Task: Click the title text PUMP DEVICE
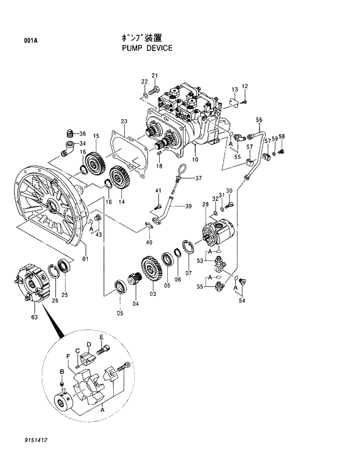click(x=147, y=48)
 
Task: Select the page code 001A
click(x=31, y=41)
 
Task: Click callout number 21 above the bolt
click(x=154, y=75)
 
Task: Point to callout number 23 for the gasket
click(x=124, y=121)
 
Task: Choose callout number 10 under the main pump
click(x=195, y=159)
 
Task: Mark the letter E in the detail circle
click(x=101, y=337)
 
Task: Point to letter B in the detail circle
click(x=62, y=371)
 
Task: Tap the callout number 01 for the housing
click(x=85, y=258)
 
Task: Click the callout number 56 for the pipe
click(x=259, y=120)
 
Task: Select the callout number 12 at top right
click(x=244, y=86)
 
